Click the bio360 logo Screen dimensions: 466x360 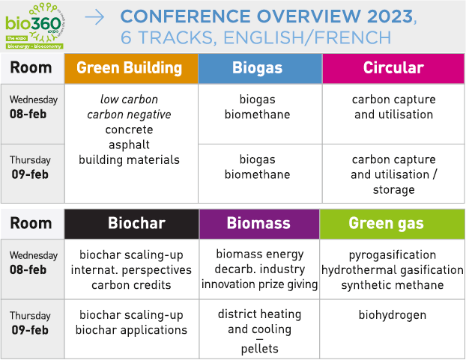tap(35, 25)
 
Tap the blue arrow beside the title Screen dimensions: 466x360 tap(94, 17)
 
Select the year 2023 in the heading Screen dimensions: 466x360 tap(390, 16)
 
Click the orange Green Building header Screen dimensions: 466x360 tap(131, 68)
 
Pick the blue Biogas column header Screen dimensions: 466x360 tap(260, 68)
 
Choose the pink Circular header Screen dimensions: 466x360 tap(393, 68)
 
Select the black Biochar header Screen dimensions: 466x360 tap(132, 224)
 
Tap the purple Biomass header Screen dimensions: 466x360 tap(259, 224)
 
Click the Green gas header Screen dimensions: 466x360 tap(392, 224)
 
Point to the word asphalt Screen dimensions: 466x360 tap(129, 145)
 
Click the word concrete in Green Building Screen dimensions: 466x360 tap(129, 129)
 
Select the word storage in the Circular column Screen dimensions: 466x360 tap(394, 190)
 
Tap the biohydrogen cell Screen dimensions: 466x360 tap(393, 315)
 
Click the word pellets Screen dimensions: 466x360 tap(260, 349)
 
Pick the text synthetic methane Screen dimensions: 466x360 tap(393, 285)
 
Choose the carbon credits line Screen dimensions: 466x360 tap(131, 285)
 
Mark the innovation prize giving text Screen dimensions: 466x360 tap(259, 284)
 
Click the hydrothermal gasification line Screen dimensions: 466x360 tap(393, 270)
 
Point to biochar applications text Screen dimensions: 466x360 tap(131, 330)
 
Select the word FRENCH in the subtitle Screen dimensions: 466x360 tap(352, 38)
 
